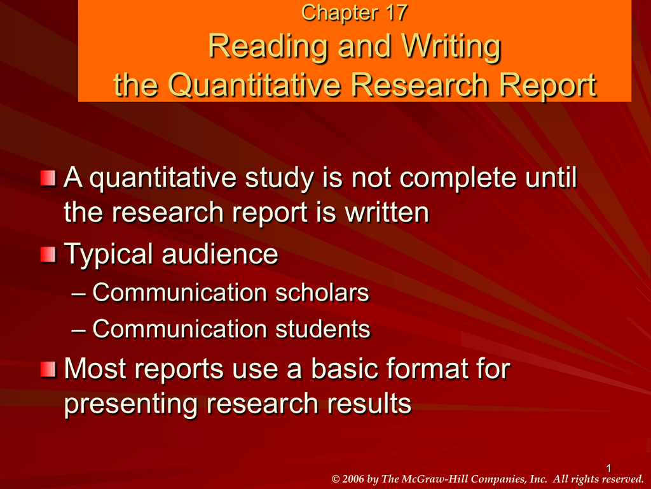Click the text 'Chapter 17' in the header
coord(353,13)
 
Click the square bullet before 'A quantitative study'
coord(48,179)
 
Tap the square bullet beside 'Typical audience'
coord(48,255)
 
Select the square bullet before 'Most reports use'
coord(48,369)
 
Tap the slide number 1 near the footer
coord(608,469)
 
